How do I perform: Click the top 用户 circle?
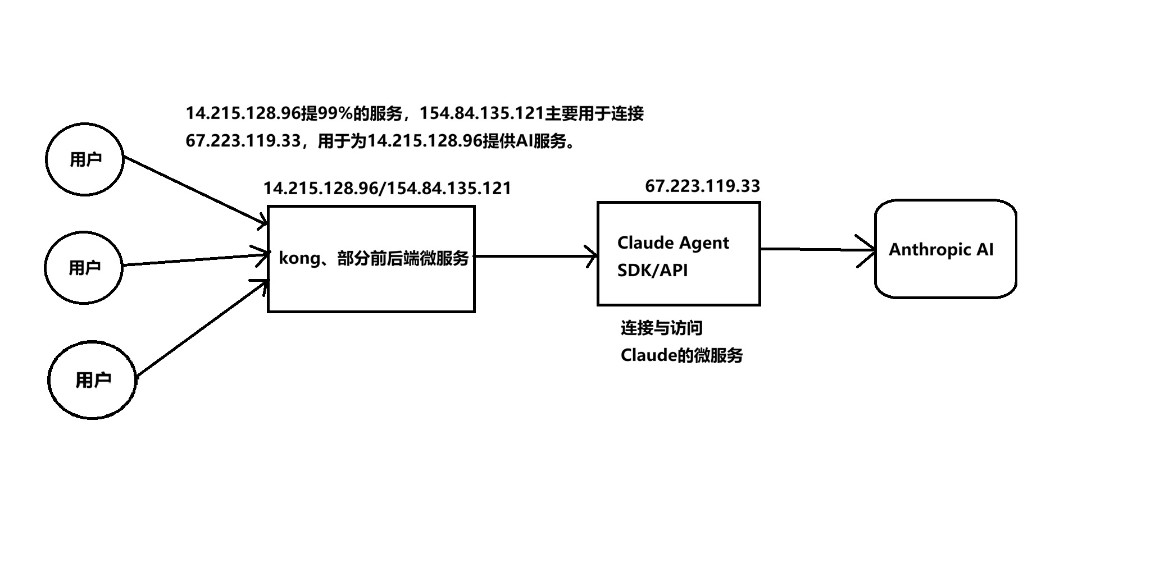pyautogui.click(x=84, y=159)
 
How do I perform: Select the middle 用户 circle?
pyautogui.click(x=84, y=267)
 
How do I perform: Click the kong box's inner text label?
pyautogui.click(x=374, y=258)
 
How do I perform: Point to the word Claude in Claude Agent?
pyautogui.click(x=644, y=242)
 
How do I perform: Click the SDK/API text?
pyautogui.click(x=652, y=271)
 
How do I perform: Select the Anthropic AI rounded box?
pyautogui.click(x=945, y=249)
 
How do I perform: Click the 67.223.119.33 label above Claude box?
pyautogui.click(x=702, y=186)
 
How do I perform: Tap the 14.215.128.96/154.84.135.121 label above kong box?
pyautogui.click(x=387, y=188)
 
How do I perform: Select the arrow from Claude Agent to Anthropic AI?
pyautogui.click(x=817, y=249)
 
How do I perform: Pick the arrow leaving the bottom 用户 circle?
pyautogui.click(x=201, y=329)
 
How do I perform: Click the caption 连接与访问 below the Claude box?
pyautogui.click(x=661, y=328)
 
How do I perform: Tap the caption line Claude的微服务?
pyautogui.click(x=681, y=355)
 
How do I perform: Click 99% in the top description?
pyautogui.click(x=335, y=113)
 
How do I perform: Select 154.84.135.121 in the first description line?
pyautogui.click(x=482, y=113)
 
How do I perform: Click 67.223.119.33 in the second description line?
pyautogui.click(x=243, y=140)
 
